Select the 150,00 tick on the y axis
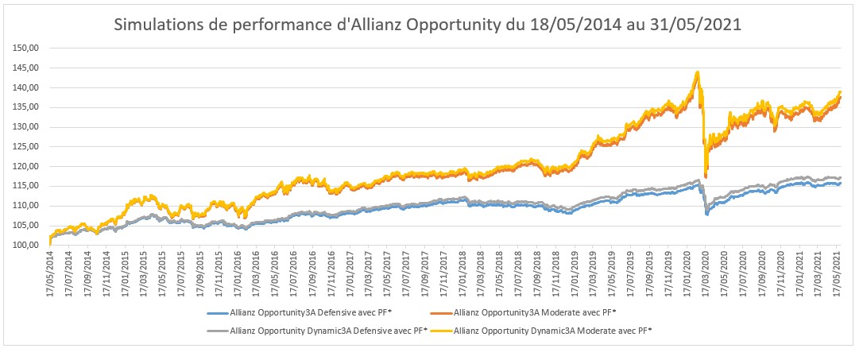(27, 48)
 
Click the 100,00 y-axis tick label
(27, 245)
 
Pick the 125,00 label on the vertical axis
(27, 146)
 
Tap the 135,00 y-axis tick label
(27, 107)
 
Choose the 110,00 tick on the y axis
(27, 206)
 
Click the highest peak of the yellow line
(697, 72)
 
